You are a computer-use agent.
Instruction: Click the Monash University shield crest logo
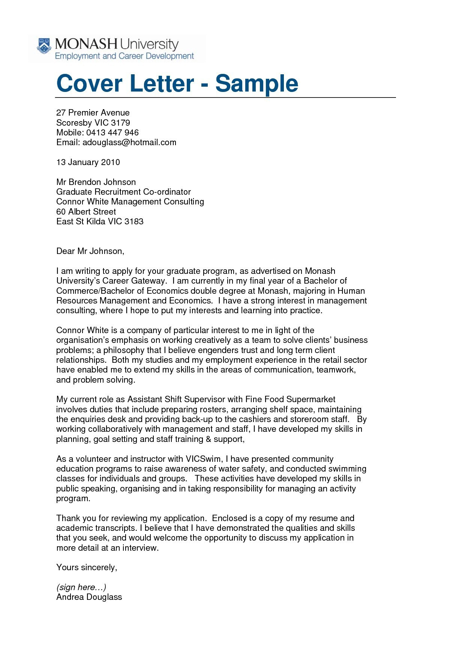tap(44, 46)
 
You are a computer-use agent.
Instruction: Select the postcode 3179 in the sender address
tap(120, 123)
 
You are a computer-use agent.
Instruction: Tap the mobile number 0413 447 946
tap(112, 132)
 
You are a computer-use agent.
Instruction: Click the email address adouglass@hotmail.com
tap(129, 143)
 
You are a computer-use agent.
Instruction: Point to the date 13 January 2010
tap(88, 162)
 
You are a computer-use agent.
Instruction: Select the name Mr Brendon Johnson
tap(96, 182)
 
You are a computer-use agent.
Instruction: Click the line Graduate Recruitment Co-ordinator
tap(123, 192)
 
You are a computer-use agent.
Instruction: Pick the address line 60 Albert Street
tap(86, 212)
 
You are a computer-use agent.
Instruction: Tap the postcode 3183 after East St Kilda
tap(134, 221)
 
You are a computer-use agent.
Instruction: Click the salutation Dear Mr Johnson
tap(90, 251)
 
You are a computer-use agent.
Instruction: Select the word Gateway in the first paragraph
tap(148, 281)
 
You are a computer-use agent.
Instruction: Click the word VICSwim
tap(204, 459)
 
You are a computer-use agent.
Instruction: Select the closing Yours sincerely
tap(87, 567)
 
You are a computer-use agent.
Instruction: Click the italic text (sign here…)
tap(81, 587)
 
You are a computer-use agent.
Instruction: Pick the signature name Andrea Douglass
tap(89, 597)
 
